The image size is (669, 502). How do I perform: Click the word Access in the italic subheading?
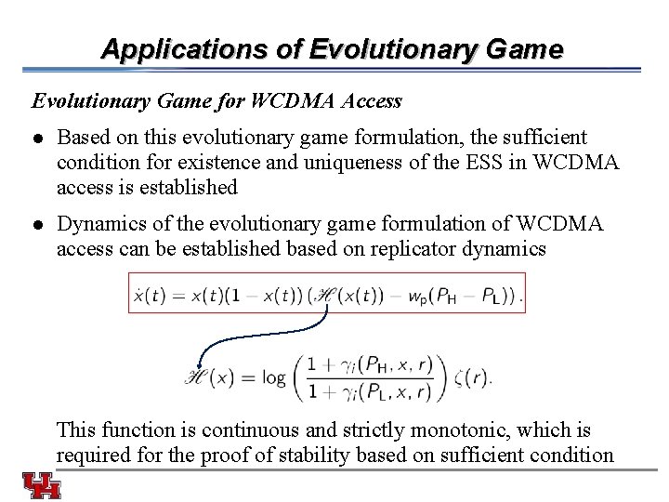click(x=372, y=100)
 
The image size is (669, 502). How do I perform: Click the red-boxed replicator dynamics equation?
click(x=326, y=293)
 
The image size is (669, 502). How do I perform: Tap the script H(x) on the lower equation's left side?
click(x=211, y=377)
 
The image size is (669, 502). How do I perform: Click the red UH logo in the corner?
click(x=42, y=485)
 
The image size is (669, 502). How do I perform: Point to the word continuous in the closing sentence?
click(x=248, y=430)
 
